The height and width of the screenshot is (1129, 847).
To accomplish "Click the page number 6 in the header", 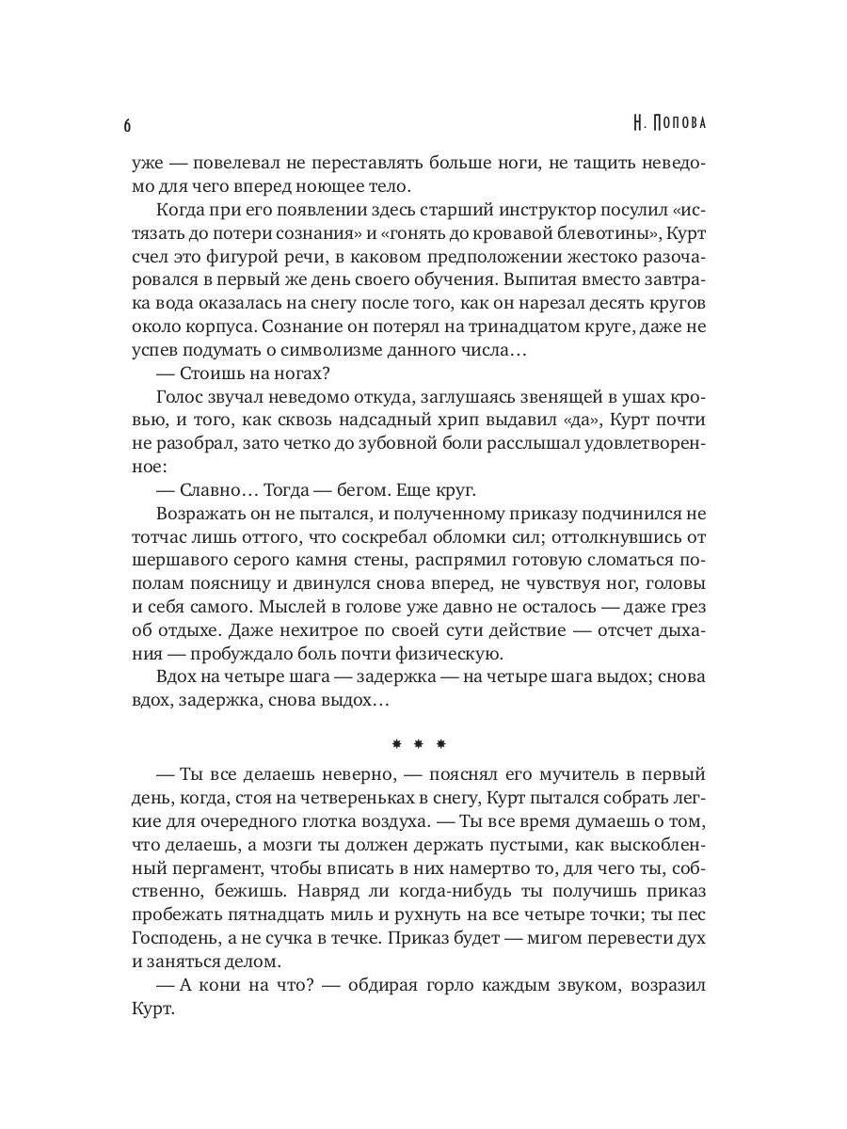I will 127,126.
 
